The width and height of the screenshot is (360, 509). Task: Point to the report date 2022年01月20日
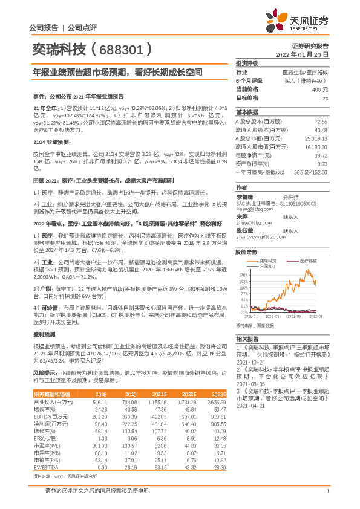pos(302,54)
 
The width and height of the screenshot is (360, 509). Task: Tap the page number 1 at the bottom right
pos(328,491)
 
